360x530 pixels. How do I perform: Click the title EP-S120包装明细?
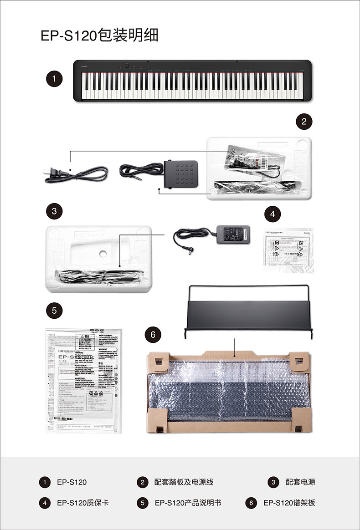[x=99, y=35]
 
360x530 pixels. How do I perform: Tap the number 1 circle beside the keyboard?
[x=54, y=79]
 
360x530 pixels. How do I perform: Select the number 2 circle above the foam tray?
[x=304, y=121]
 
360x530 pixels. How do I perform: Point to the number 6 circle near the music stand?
[x=153, y=335]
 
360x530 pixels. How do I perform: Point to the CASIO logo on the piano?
[x=85, y=67]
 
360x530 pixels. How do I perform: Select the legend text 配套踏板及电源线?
[x=184, y=482]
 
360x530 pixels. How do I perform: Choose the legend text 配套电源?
[x=300, y=482]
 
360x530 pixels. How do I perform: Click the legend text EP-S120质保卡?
[x=82, y=503]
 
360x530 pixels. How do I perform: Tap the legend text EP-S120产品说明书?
[x=188, y=503]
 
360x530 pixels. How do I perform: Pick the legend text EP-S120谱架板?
[x=289, y=503]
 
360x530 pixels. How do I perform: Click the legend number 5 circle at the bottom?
[x=143, y=503]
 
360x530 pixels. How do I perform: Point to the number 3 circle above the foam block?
[x=54, y=211]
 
